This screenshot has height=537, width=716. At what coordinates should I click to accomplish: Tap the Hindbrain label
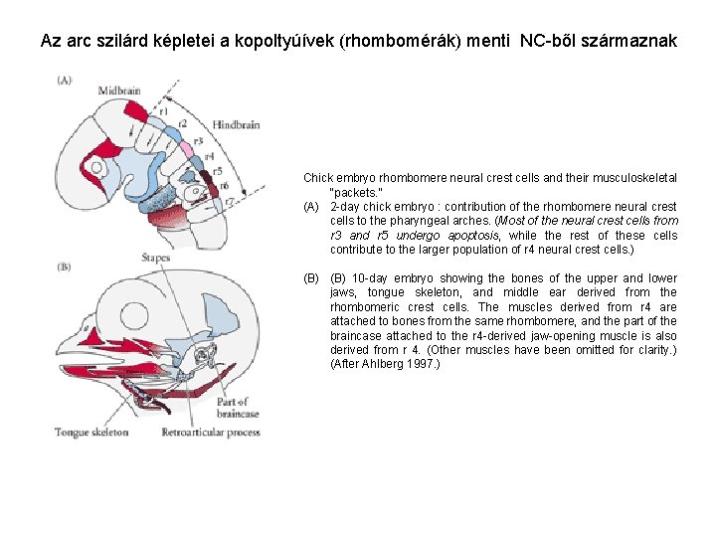[x=236, y=124]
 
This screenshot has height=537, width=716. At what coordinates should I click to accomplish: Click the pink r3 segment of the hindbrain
[x=185, y=148]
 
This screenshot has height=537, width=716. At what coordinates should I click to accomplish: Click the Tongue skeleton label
[x=91, y=433]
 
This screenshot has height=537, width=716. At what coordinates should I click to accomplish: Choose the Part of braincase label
[x=237, y=408]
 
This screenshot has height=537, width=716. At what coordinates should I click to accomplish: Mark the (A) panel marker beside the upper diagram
[x=64, y=80]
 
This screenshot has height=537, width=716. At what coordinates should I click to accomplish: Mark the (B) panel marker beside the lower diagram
[x=64, y=267]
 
